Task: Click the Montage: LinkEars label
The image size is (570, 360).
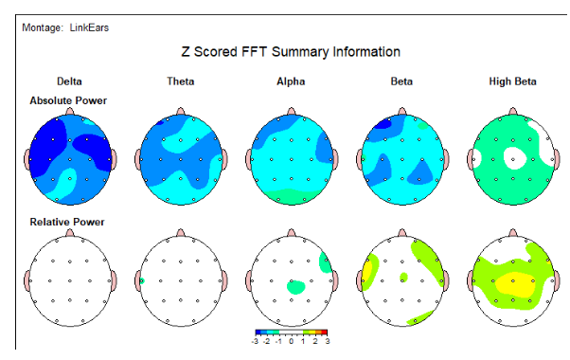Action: click(65, 27)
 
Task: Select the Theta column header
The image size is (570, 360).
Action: click(180, 82)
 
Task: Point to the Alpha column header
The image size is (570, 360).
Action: click(291, 82)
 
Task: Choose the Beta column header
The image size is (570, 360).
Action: click(401, 82)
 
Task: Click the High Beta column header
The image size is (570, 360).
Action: click(512, 82)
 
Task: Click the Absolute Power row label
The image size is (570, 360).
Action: click(68, 100)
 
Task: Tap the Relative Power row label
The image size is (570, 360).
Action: click(66, 222)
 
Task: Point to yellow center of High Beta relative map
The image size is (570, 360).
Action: click(514, 282)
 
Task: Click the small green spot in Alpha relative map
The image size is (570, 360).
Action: click(295, 284)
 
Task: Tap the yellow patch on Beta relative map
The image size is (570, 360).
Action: click(367, 277)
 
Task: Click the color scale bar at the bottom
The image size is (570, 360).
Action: click(291, 333)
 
